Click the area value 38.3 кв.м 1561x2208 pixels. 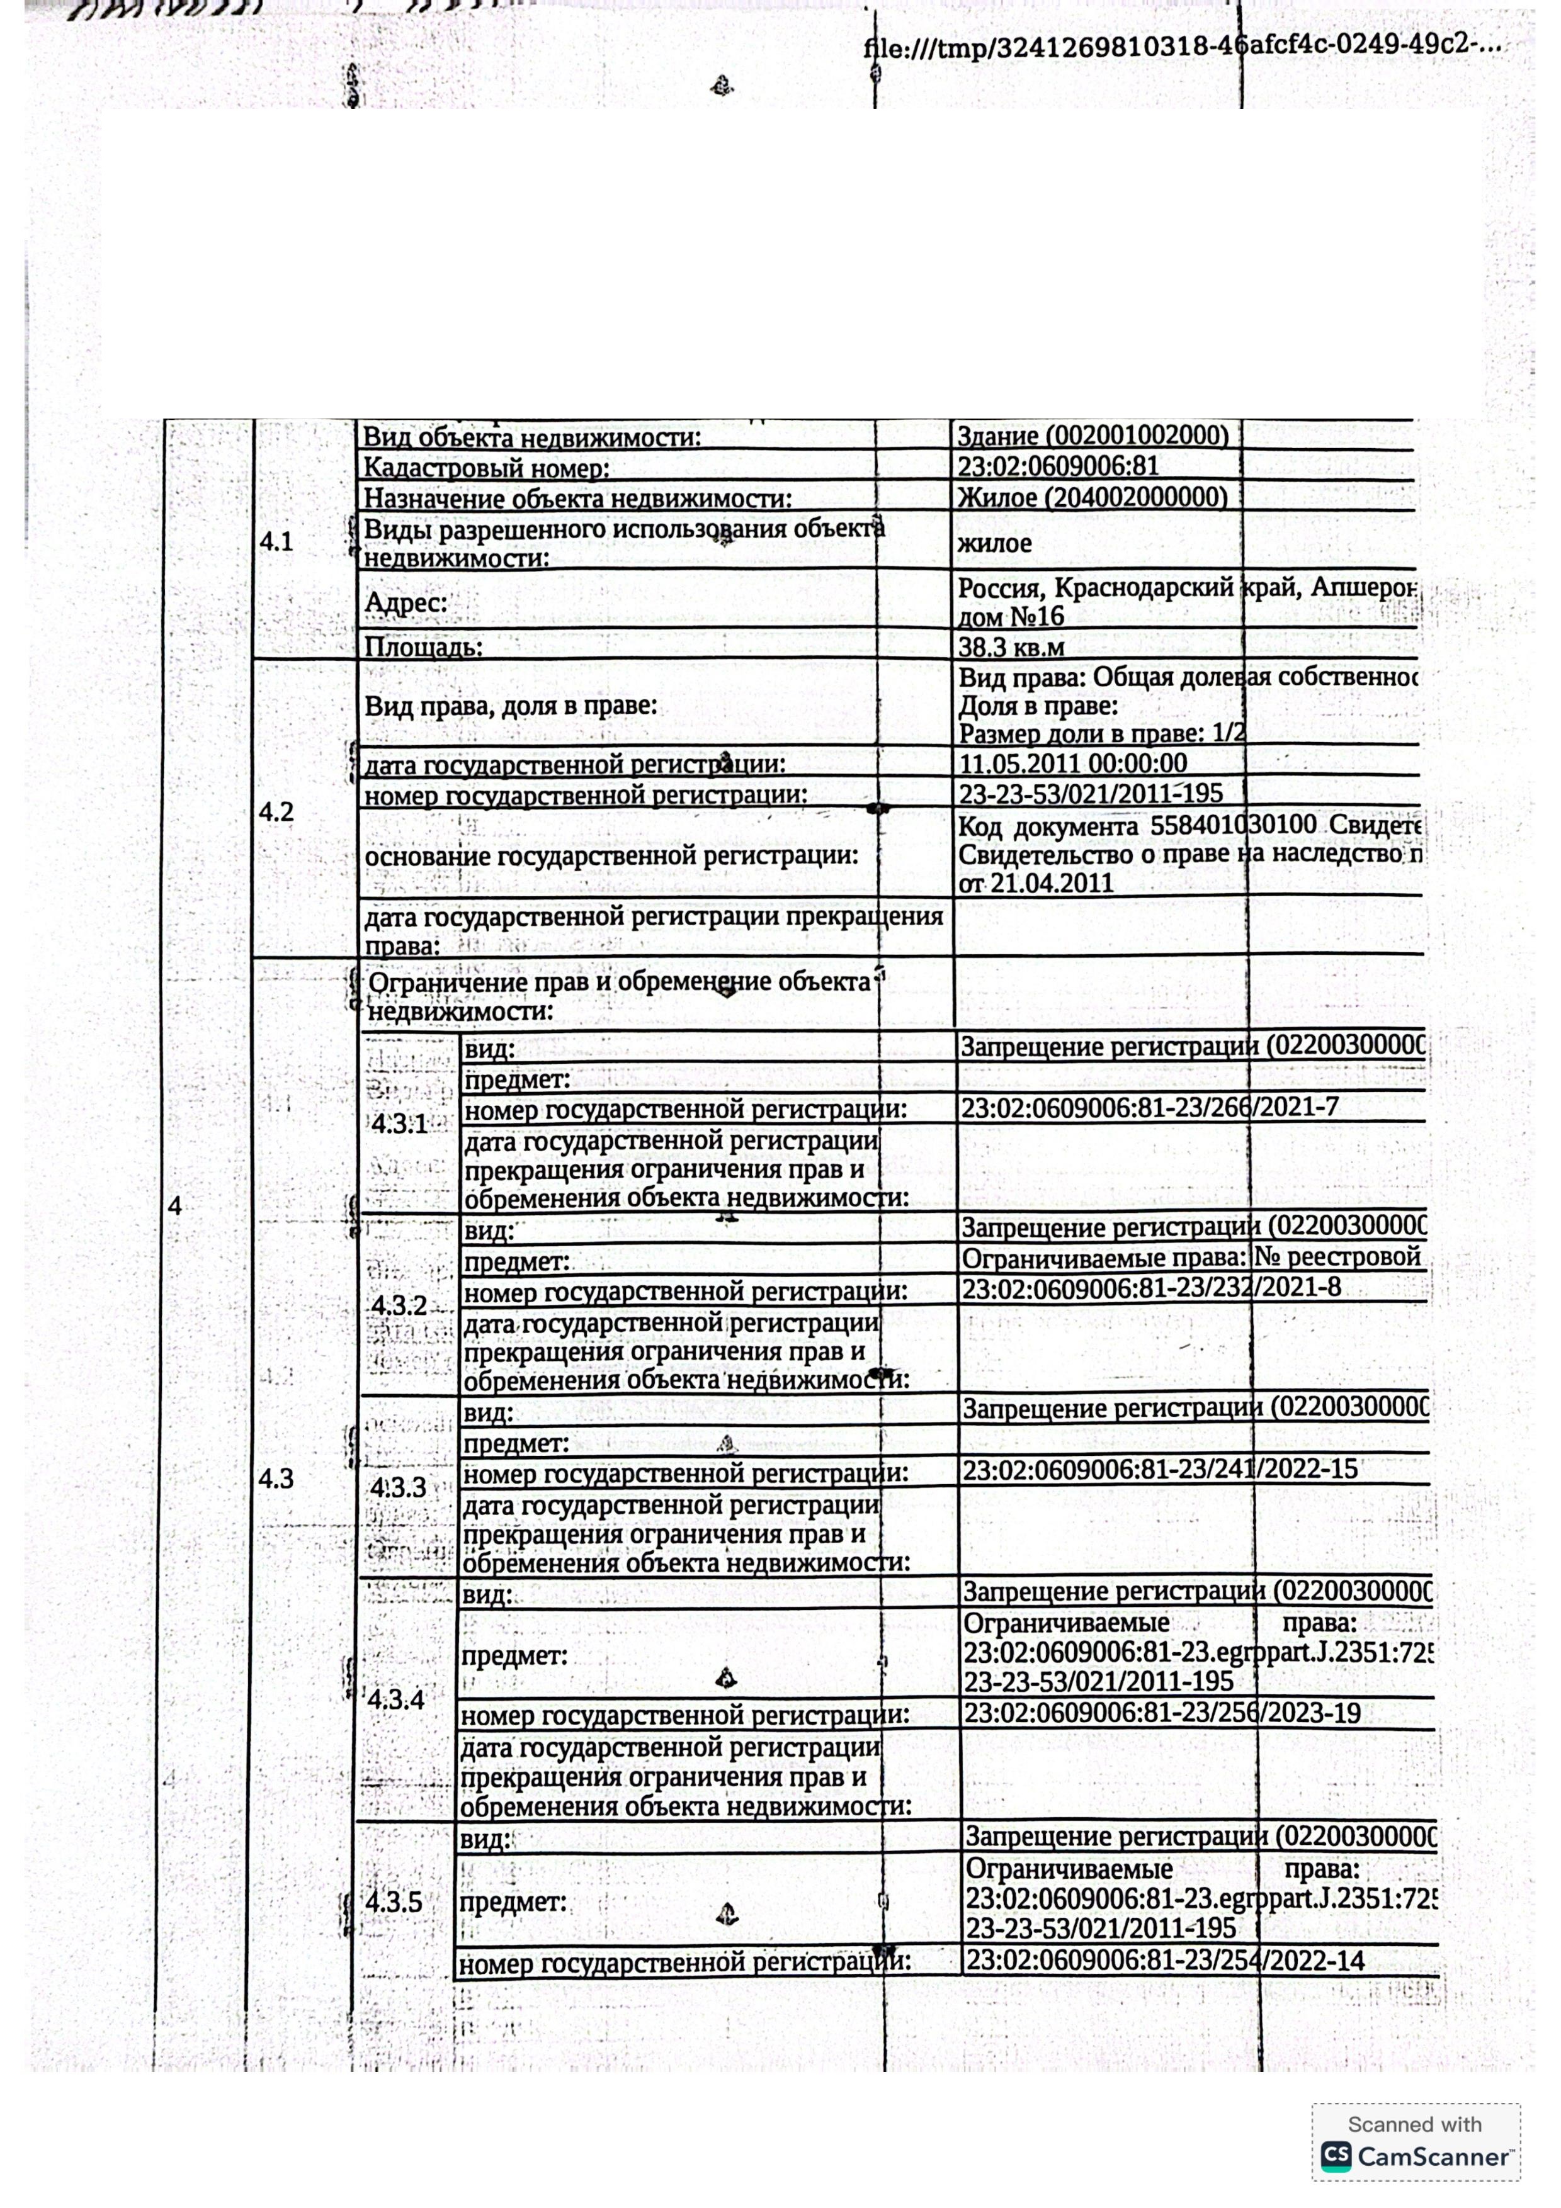(x=1011, y=646)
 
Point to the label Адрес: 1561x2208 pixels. (x=406, y=603)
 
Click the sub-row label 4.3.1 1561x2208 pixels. (x=399, y=1124)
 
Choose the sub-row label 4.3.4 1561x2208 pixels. (x=395, y=1699)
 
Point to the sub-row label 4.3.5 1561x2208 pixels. (x=394, y=1902)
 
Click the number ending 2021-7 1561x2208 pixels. (x=1149, y=1108)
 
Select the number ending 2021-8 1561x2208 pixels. (x=1151, y=1288)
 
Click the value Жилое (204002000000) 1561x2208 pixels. (x=1093, y=497)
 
